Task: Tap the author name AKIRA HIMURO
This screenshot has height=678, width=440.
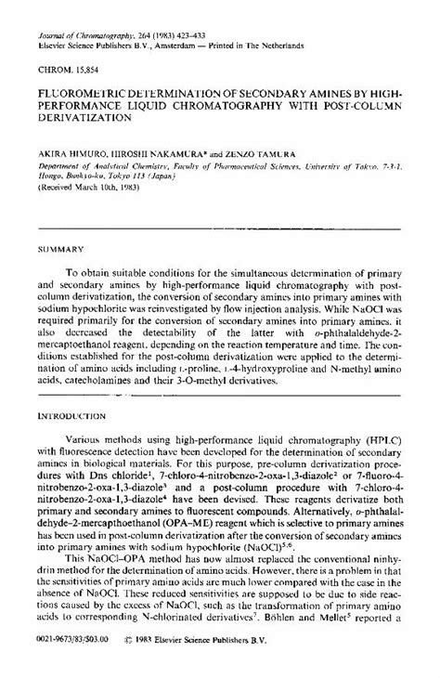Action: click(72, 150)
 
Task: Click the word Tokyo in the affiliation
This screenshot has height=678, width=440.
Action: click(135, 174)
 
